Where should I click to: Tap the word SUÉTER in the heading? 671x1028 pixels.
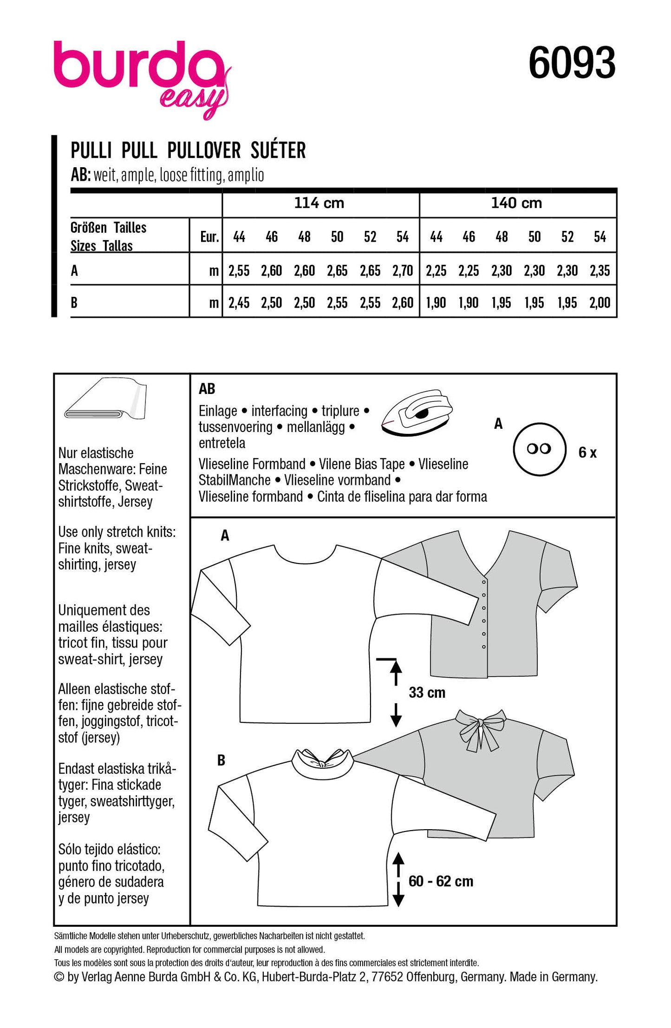(x=278, y=151)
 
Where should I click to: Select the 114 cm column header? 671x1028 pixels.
(x=319, y=203)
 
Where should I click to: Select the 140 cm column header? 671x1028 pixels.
(x=516, y=203)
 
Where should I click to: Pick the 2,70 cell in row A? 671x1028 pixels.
(x=402, y=270)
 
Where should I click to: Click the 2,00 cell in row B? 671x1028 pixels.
(x=599, y=303)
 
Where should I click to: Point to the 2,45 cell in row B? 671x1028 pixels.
(x=239, y=303)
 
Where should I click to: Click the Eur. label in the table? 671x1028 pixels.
(x=209, y=237)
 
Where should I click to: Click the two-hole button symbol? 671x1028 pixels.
(x=539, y=449)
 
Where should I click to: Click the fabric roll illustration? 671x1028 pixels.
(x=105, y=400)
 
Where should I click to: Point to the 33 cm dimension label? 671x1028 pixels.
(x=427, y=693)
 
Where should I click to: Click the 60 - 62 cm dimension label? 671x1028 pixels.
(x=441, y=881)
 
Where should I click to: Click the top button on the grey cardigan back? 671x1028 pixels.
(x=484, y=582)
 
